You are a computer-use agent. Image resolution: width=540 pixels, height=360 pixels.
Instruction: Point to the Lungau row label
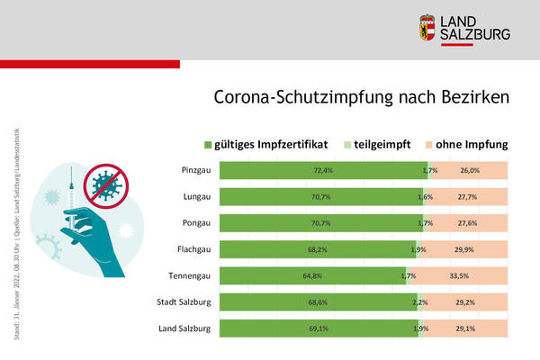pos(196,195)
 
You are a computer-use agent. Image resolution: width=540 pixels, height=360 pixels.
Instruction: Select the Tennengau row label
pos(191,275)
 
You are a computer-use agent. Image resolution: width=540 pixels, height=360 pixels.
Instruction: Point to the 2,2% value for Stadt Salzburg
pos(420,302)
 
